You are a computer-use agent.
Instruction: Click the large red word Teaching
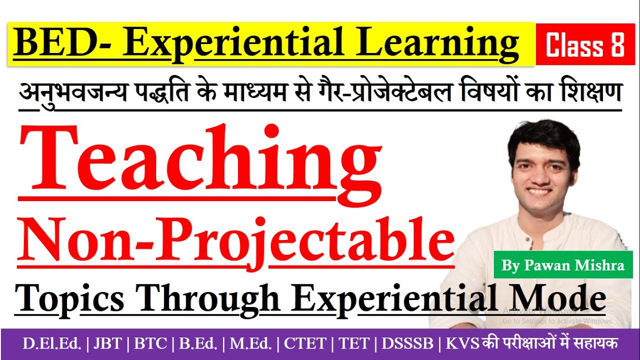point(199,160)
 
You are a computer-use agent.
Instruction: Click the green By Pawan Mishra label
point(563,265)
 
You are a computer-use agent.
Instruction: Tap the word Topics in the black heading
point(69,298)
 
